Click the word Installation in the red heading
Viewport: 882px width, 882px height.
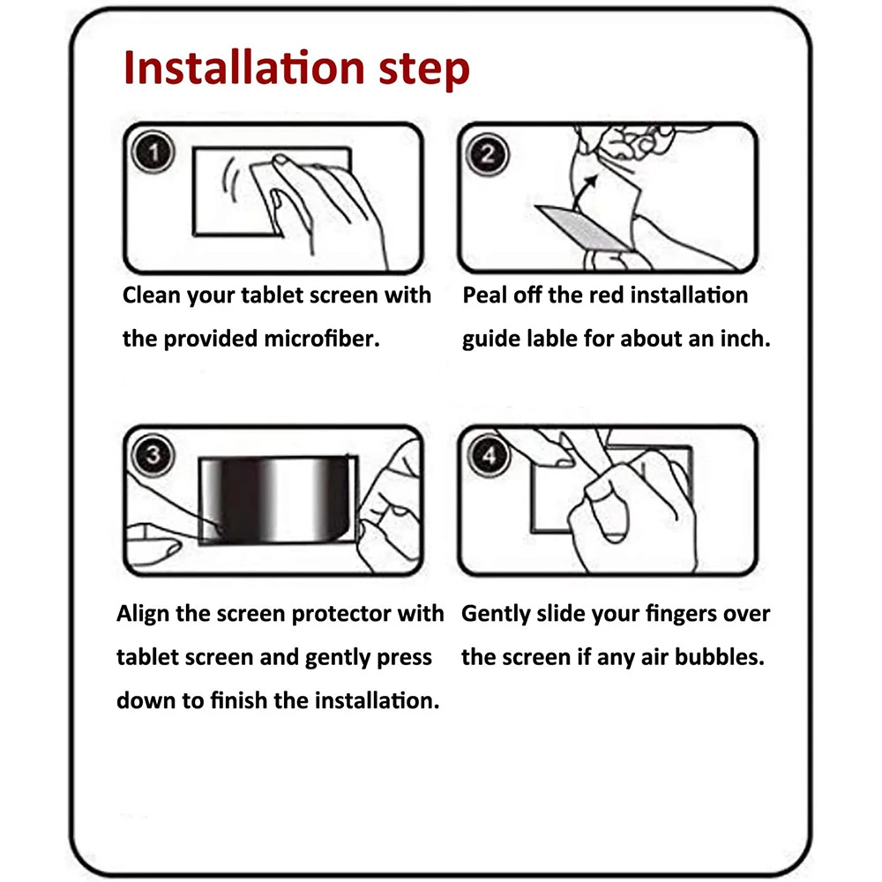[x=244, y=68]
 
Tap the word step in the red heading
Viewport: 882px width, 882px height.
[x=424, y=70]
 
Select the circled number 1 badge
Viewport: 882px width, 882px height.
[x=153, y=152]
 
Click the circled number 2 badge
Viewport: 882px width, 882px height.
[x=487, y=154]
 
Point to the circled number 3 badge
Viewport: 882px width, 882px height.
[x=153, y=455]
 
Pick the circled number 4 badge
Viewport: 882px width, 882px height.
[x=489, y=455]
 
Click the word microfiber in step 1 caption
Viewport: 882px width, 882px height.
[x=322, y=339]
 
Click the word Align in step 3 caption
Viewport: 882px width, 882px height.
[x=143, y=614]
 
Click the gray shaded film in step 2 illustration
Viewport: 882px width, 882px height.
[x=583, y=228]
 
